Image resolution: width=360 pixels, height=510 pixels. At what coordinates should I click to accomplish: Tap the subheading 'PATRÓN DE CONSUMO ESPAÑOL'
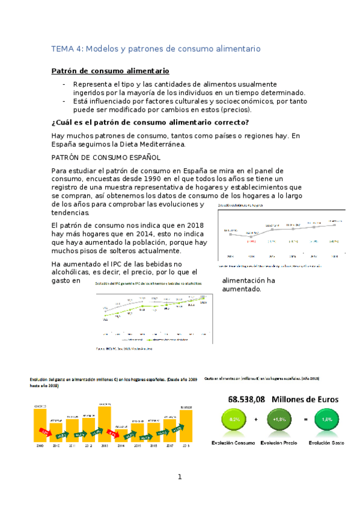coord(106,158)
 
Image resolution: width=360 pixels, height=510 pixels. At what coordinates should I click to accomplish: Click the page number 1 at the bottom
coord(179,477)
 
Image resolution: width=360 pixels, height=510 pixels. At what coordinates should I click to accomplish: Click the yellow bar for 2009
coord(40,426)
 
